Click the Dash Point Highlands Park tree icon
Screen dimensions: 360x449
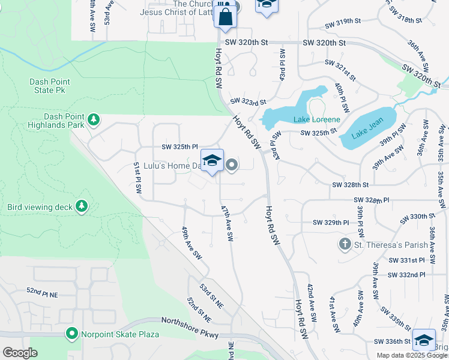[93, 120]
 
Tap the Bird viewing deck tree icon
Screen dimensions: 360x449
[81, 207]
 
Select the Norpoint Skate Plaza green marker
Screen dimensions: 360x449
[72, 333]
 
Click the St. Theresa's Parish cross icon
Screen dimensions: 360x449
[345, 244]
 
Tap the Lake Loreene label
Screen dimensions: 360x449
[317, 119]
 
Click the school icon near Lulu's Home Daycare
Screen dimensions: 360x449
[212, 161]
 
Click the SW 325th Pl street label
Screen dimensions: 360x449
[179, 146]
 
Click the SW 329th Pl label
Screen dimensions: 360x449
[331, 223]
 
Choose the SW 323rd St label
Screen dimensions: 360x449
[248, 101]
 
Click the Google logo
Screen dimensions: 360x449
[20, 353]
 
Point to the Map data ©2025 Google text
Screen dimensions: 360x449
[411, 355]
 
